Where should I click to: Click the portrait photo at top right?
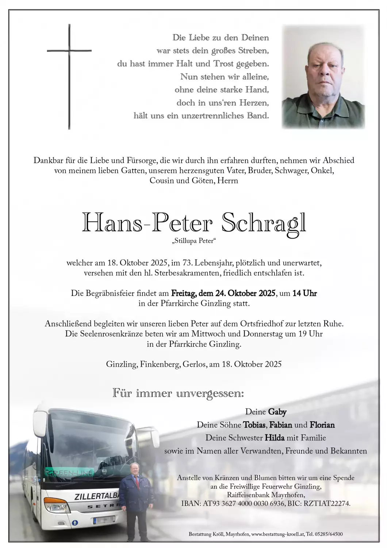(323, 77)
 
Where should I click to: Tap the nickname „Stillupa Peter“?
(193, 241)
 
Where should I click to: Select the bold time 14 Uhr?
(304, 293)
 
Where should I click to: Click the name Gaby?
(277, 412)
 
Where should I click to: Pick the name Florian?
(322, 425)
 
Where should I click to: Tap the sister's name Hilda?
(275, 438)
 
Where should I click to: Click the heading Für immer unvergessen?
(178, 393)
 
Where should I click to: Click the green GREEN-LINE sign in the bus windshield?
(69, 473)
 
